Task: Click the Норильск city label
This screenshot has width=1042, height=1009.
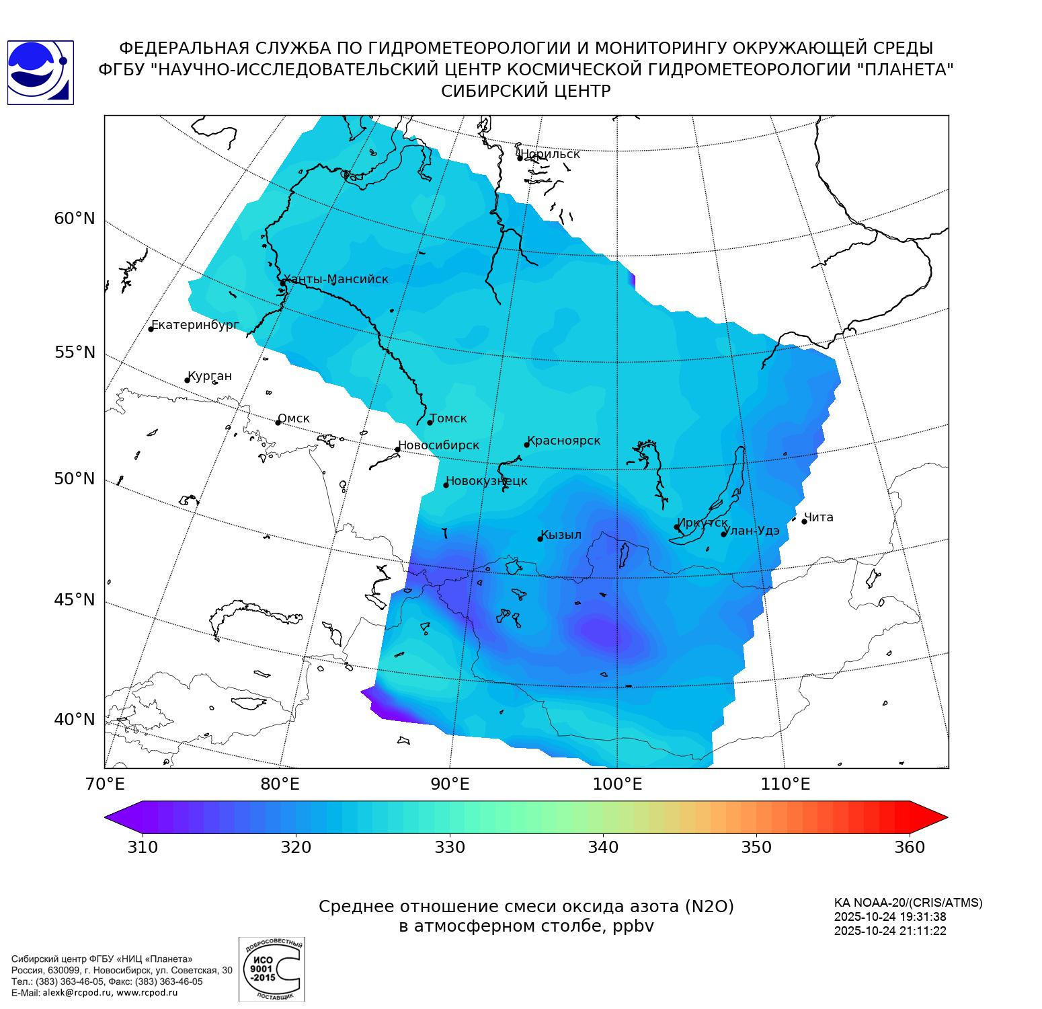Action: point(550,154)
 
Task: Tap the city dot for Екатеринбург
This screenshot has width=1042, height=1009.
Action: point(151,329)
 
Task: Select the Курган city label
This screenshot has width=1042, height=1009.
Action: point(210,376)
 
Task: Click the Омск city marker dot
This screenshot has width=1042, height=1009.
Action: point(278,422)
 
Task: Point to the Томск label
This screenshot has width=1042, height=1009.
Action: point(448,418)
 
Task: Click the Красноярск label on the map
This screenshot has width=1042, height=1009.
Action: point(564,441)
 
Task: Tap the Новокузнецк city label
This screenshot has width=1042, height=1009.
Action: point(487,481)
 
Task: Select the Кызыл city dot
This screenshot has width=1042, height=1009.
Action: point(540,539)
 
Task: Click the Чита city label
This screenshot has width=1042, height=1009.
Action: point(819,517)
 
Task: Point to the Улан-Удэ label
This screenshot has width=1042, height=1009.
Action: point(752,531)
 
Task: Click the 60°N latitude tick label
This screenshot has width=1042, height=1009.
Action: point(75,219)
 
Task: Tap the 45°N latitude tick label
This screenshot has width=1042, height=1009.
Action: point(75,599)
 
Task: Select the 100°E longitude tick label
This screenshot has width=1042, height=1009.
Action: point(617,784)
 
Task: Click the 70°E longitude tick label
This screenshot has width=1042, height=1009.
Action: point(106,784)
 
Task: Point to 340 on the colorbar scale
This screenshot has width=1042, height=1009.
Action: point(603,847)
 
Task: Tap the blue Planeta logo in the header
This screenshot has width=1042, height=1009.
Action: point(40,73)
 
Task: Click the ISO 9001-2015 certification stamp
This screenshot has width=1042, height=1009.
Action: point(272,969)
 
